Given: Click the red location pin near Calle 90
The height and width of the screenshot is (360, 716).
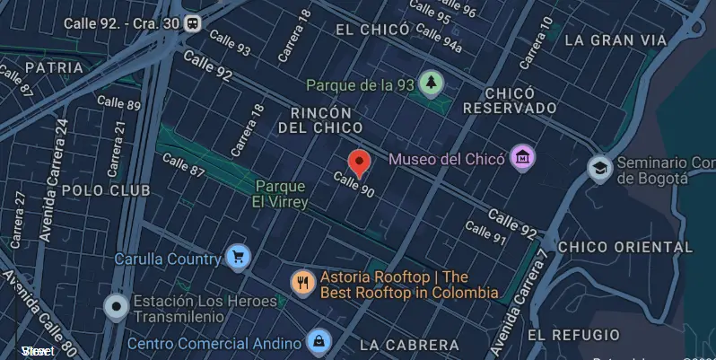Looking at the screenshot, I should (x=359, y=162).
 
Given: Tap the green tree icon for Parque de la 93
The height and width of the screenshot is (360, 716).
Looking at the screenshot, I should (x=432, y=83).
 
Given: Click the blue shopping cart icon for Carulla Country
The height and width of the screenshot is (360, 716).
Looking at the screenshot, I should (x=237, y=258).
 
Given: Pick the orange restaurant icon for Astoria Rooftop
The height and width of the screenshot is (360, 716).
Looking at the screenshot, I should (x=302, y=283).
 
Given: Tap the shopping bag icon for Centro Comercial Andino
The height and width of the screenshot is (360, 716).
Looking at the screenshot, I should (x=317, y=341).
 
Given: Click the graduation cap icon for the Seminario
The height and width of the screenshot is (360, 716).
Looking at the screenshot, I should (x=598, y=168).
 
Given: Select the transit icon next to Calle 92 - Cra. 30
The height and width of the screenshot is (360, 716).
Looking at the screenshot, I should (x=191, y=22).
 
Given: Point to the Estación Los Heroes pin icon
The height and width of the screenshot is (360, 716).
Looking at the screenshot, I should (x=116, y=307).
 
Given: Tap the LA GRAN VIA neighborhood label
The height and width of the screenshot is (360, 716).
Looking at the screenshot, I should (x=616, y=40).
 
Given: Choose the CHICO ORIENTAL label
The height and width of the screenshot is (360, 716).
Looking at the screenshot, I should (x=625, y=247).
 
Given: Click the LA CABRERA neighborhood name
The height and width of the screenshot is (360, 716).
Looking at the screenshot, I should (x=408, y=345).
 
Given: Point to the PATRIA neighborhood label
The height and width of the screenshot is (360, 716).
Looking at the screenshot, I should (x=54, y=67).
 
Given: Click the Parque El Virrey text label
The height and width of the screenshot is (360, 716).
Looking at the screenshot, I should (x=282, y=194).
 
